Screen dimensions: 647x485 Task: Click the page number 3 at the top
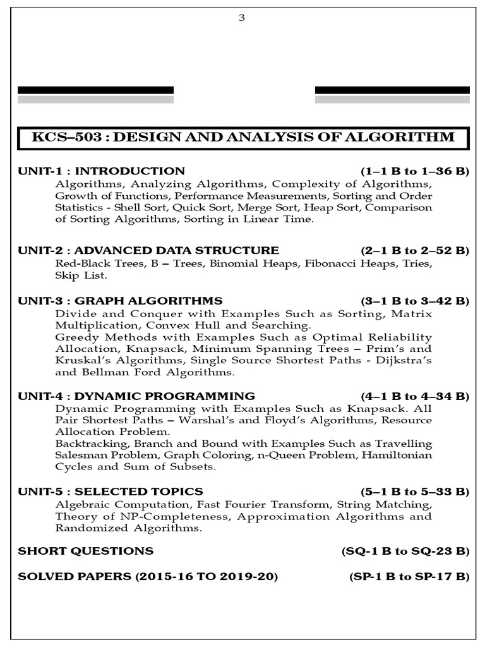coord(241,18)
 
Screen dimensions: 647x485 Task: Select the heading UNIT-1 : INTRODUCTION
coord(101,171)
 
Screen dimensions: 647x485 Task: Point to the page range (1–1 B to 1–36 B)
coord(415,171)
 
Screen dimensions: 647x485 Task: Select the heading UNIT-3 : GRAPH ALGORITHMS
coord(120,300)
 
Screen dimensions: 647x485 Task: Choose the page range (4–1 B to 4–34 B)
coord(415,396)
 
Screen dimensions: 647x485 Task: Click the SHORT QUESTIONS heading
coord(85,551)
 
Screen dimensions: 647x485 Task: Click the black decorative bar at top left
coord(95,90)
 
